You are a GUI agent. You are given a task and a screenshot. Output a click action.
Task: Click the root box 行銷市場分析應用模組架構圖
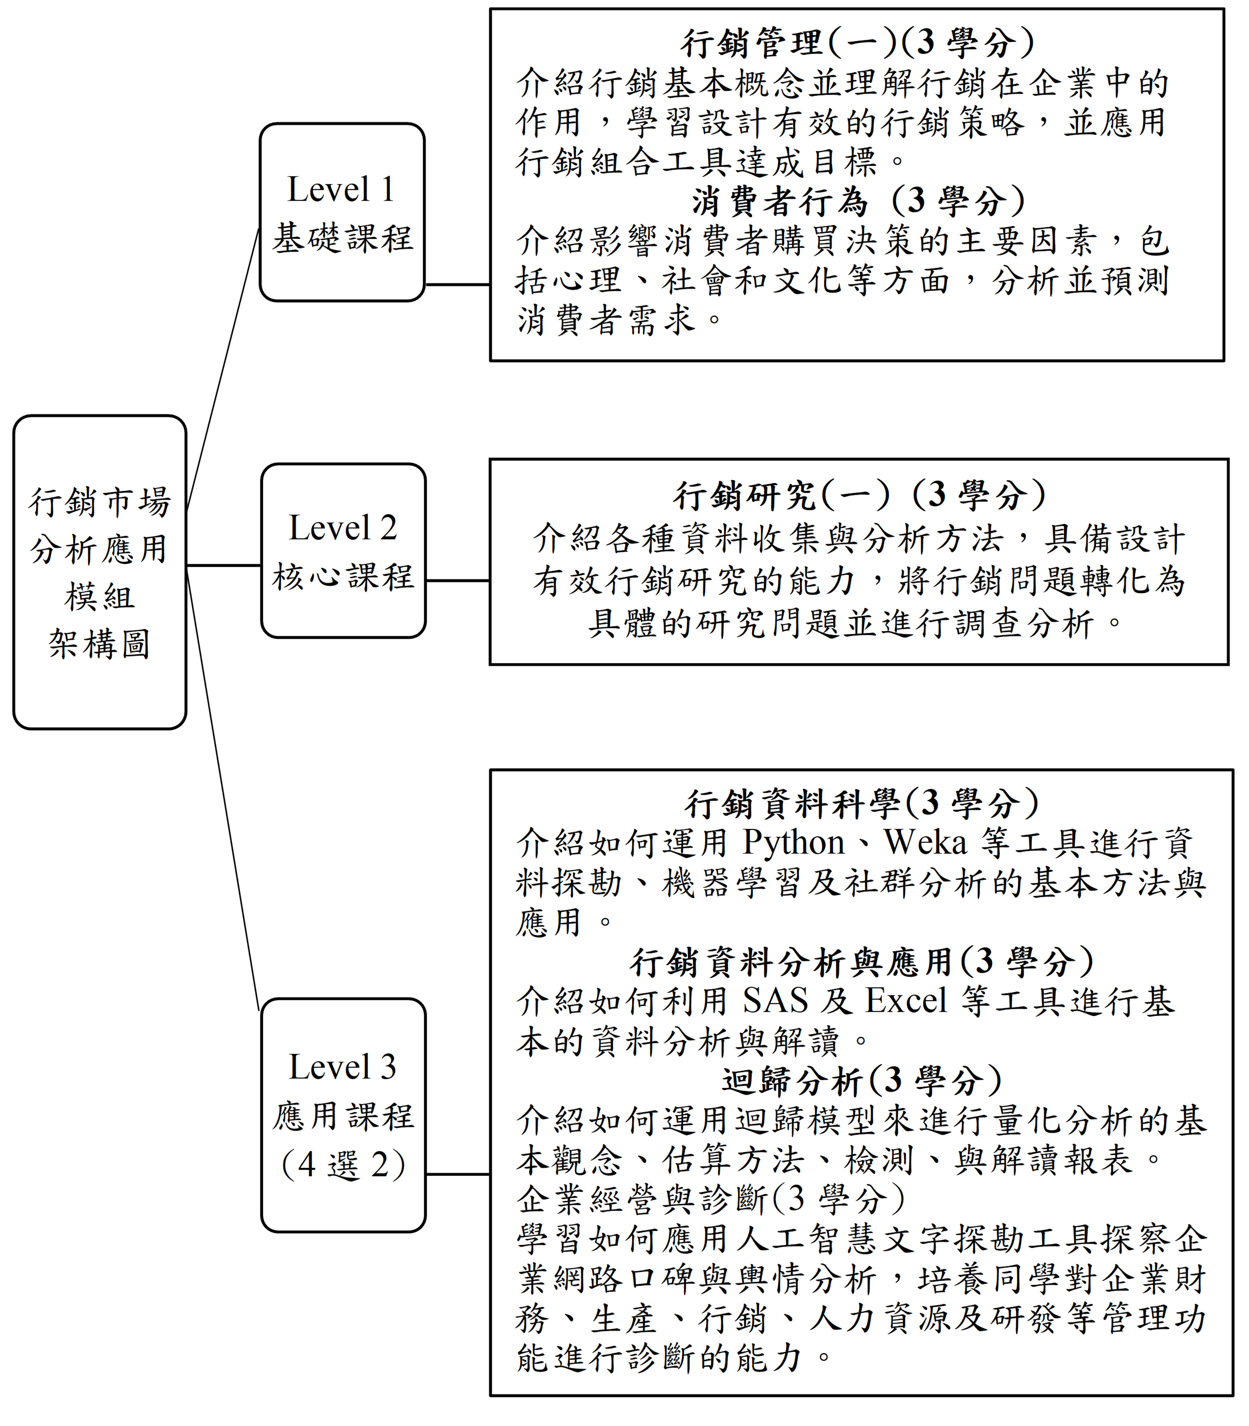[100, 572]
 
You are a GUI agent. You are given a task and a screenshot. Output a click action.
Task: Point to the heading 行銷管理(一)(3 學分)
[857, 43]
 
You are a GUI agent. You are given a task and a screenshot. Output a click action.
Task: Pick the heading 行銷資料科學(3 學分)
[861, 804]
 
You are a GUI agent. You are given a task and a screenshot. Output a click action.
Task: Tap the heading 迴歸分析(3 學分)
[861, 1081]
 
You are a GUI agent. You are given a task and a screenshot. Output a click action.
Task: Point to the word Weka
[926, 843]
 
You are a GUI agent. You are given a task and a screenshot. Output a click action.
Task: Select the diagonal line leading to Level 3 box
[223, 791]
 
